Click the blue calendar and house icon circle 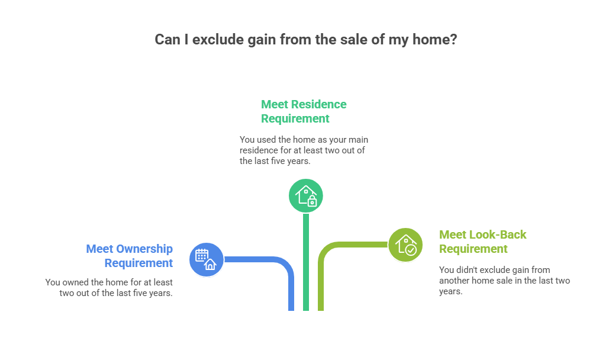pyautogui.click(x=206, y=259)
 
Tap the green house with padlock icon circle pyautogui.click(x=305, y=195)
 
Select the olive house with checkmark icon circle pyautogui.click(x=405, y=244)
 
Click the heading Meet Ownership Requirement pyautogui.click(x=130, y=256)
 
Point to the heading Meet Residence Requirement pyautogui.click(x=304, y=111)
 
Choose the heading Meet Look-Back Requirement pyautogui.click(x=482, y=242)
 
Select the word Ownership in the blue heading pyautogui.click(x=145, y=249)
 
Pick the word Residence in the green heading pyautogui.click(x=318, y=104)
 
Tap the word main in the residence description pyautogui.click(x=356, y=140)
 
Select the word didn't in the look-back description pyautogui.click(x=467, y=270)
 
